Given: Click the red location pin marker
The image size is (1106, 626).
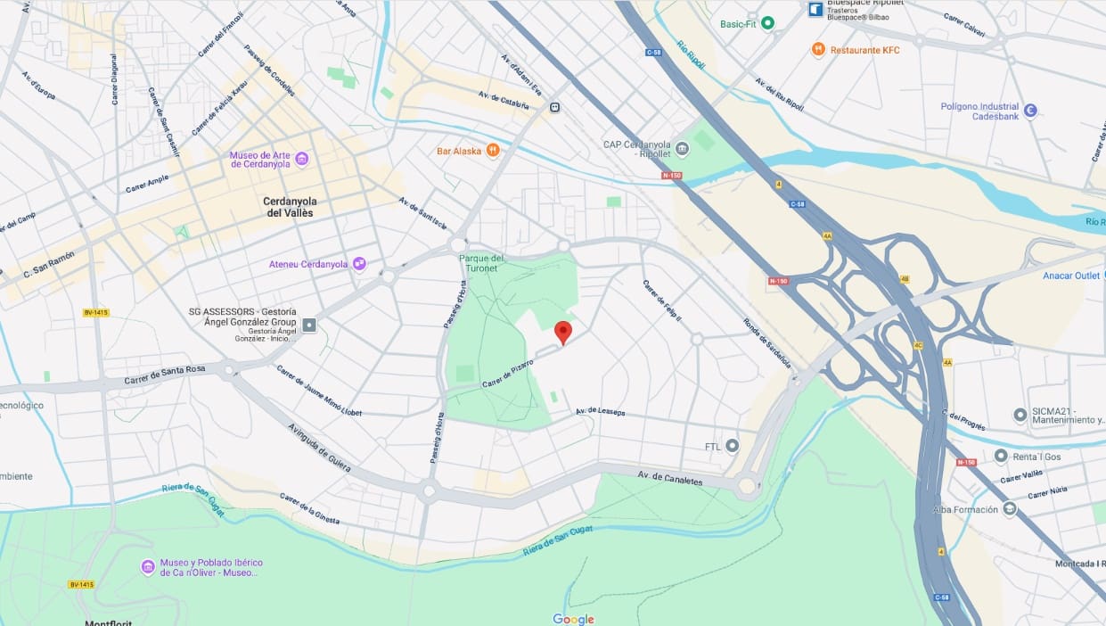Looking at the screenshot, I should point(562,331).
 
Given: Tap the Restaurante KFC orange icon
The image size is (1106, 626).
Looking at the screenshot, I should point(818,50).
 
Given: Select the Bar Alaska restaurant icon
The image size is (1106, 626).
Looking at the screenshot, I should point(493,151).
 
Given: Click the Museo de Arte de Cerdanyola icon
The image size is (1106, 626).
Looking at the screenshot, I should point(302,159).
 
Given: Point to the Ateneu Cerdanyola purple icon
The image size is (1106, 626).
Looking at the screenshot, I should point(359,264).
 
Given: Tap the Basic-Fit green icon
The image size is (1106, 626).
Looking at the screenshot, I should point(767,23).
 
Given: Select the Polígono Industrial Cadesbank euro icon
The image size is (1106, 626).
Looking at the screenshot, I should point(1030,111).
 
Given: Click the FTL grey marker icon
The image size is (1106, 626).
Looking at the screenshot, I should point(733,445).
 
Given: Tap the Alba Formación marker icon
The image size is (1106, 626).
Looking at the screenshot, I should point(1009,509).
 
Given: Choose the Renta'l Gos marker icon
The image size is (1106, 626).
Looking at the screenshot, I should point(1001,456).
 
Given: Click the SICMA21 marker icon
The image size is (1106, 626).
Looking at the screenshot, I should point(1020,415).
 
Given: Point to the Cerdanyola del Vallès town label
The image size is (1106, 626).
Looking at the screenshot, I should point(290,207).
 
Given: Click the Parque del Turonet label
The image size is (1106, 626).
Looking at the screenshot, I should point(481,264).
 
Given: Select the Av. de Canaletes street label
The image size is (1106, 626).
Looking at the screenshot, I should point(669,479).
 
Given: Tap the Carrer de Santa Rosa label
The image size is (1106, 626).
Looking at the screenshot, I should point(165,374).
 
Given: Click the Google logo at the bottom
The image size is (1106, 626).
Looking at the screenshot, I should point(573,619).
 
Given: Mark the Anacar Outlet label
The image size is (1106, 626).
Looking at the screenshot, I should point(1071,276).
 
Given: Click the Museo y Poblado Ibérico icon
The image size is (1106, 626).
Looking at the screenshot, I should point(148,567).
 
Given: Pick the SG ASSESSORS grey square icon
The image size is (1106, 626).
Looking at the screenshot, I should point(308,325).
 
